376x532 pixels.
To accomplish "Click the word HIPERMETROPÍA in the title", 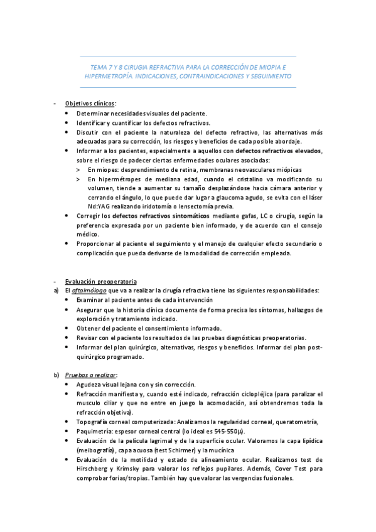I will (109, 75).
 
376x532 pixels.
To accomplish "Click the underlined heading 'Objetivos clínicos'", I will (90, 104).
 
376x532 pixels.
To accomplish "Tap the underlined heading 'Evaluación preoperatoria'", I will (101, 281).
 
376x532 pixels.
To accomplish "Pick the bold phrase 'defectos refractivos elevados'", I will (278, 151).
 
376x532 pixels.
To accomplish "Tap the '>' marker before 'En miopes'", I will (78, 170).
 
